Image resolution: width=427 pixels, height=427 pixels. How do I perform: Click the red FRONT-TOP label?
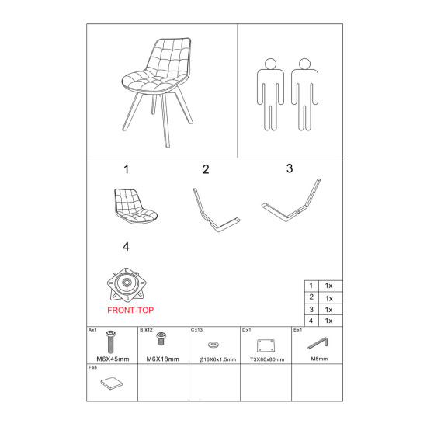point(130,311)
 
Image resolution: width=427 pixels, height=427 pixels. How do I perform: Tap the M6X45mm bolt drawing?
point(110,342)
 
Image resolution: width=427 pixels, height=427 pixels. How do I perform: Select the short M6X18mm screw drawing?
point(161,338)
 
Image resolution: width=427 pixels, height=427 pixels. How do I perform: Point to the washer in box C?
point(213,345)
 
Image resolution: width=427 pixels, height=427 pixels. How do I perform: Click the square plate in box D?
point(266,345)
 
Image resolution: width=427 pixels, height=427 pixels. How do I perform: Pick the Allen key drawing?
point(318,343)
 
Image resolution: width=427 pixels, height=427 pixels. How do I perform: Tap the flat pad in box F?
point(111,384)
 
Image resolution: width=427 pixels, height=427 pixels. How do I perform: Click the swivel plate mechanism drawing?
point(127,285)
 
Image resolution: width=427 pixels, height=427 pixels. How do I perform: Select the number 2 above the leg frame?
point(206,169)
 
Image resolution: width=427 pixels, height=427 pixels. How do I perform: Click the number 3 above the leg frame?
point(290,168)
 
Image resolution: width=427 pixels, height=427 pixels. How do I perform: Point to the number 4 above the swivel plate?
point(126,247)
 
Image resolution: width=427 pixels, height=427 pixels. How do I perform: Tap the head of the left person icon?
point(270,64)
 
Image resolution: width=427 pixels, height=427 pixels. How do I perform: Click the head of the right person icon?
point(304,64)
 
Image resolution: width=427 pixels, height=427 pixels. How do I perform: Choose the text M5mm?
point(319,359)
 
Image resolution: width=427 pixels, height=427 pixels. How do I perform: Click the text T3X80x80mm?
point(267,359)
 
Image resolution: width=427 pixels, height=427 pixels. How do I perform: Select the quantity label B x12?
point(146,330)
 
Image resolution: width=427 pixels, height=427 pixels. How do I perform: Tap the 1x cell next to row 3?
point(330,310)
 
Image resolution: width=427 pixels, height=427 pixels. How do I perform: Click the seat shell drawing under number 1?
point(135,207)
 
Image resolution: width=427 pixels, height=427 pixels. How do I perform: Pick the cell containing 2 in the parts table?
point(311,297)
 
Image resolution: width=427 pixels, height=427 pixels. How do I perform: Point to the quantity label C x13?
point(197,330)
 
